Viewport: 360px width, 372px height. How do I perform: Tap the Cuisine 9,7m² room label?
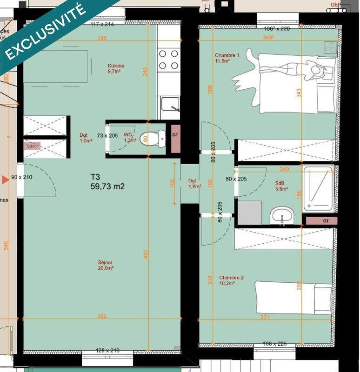116,69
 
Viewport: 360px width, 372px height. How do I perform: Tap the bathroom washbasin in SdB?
282,215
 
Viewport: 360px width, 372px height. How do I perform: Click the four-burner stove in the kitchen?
169,60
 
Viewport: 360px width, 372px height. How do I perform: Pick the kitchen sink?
168,108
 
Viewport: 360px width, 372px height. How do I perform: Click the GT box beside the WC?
175,135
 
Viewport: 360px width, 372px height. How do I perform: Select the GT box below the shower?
319,221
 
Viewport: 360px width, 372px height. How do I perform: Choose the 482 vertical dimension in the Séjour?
145,254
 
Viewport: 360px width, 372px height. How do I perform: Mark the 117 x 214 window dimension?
102,24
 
